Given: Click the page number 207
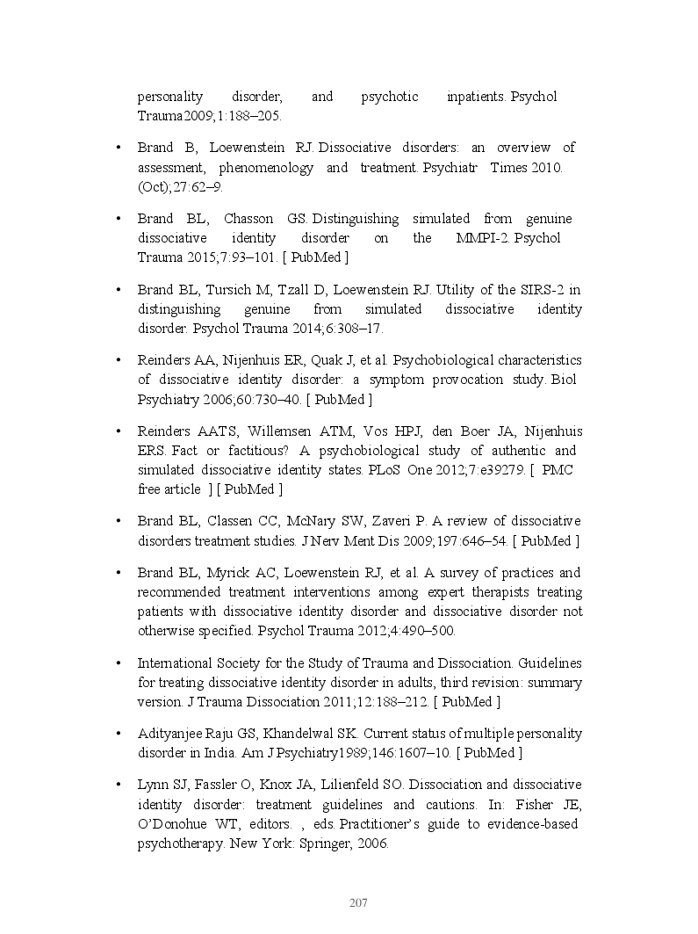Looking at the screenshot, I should tap(357, 903).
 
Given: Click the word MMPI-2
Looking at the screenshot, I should tap(482, 238).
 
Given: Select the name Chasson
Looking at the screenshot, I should tap(249, 219).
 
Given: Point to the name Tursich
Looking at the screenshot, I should tap(265, 290).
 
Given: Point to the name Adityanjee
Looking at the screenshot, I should tap(173, 734).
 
